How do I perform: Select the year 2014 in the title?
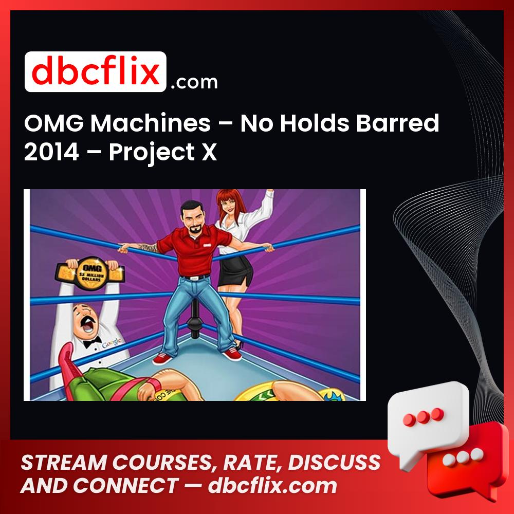[50, 153]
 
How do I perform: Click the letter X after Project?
[209, 153]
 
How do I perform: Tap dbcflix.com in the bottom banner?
[272, 486]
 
